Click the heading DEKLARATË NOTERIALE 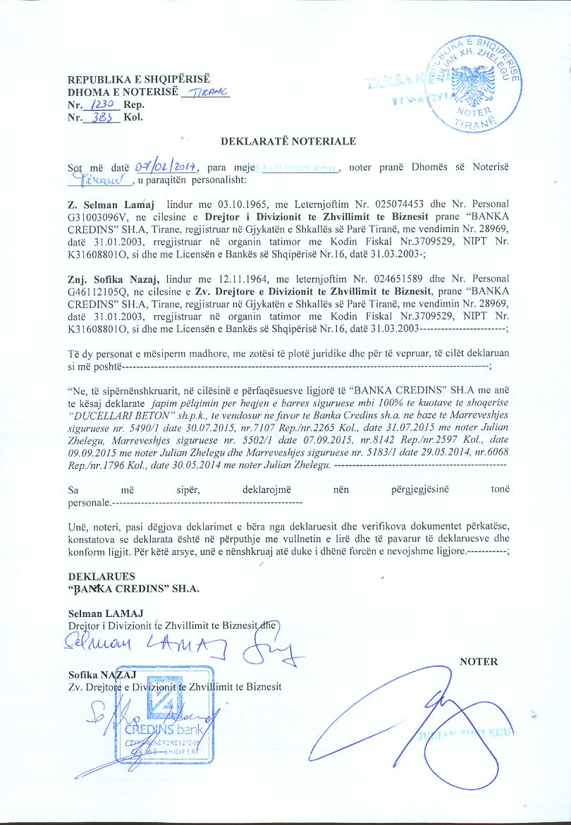(288, 141)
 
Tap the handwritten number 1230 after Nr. (106, 104)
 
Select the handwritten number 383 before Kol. (105, 117)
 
